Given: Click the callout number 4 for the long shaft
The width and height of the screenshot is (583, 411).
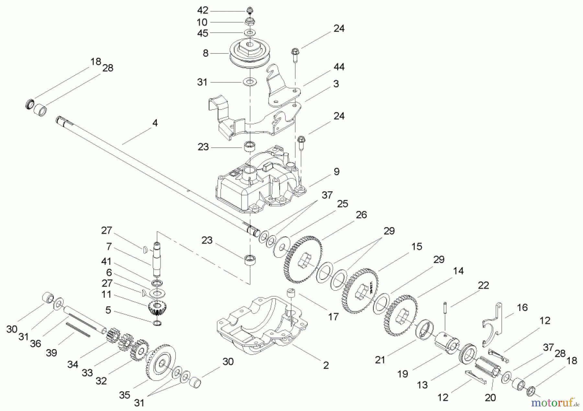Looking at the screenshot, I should coord(155,123).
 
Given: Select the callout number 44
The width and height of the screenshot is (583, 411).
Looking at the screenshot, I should coord(339,67).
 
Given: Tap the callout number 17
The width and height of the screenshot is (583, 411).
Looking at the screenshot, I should coord(333,316).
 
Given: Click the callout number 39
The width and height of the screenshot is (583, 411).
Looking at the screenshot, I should coord(51,352).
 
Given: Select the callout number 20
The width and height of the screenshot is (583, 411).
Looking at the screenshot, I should coord(490,398).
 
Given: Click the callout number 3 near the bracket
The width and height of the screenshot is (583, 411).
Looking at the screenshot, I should coord(336,84).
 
